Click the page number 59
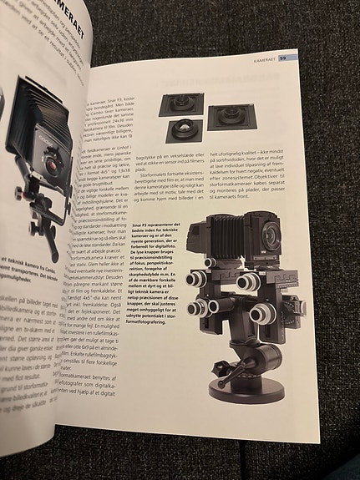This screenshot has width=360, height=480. [x=283, y=58]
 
